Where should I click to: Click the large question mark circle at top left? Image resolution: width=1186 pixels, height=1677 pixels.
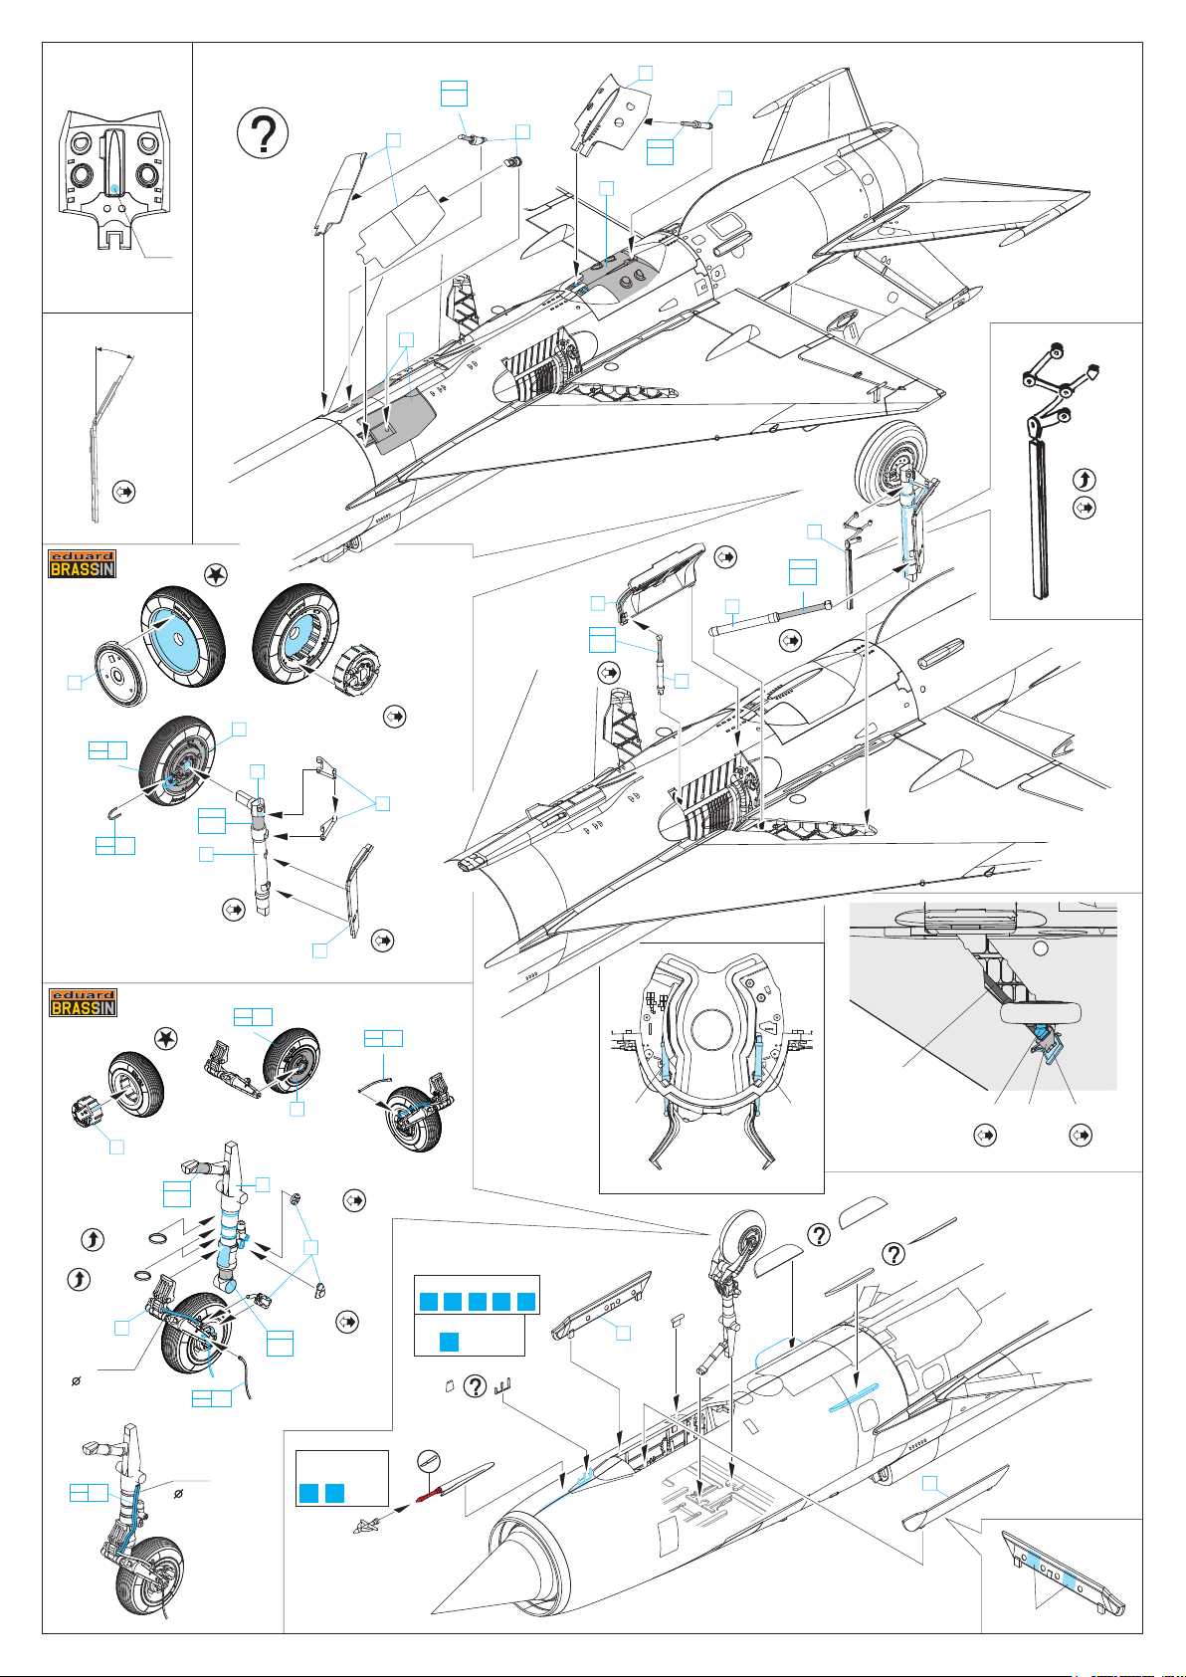(x=264, y=132)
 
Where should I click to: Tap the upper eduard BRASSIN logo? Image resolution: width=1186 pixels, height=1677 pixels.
(x=83, y=563)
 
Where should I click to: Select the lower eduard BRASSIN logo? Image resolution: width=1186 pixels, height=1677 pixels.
(x=83, y=1002)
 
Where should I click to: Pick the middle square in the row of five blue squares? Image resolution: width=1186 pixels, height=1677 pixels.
(x=478, y=1302)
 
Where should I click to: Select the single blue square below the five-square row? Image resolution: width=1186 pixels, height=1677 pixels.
(x=449, y=1342)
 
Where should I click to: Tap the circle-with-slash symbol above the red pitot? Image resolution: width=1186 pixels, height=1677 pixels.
(x=429, y=1459)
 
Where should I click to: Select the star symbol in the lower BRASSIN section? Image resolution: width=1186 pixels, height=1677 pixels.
(x=166, y=1038)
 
